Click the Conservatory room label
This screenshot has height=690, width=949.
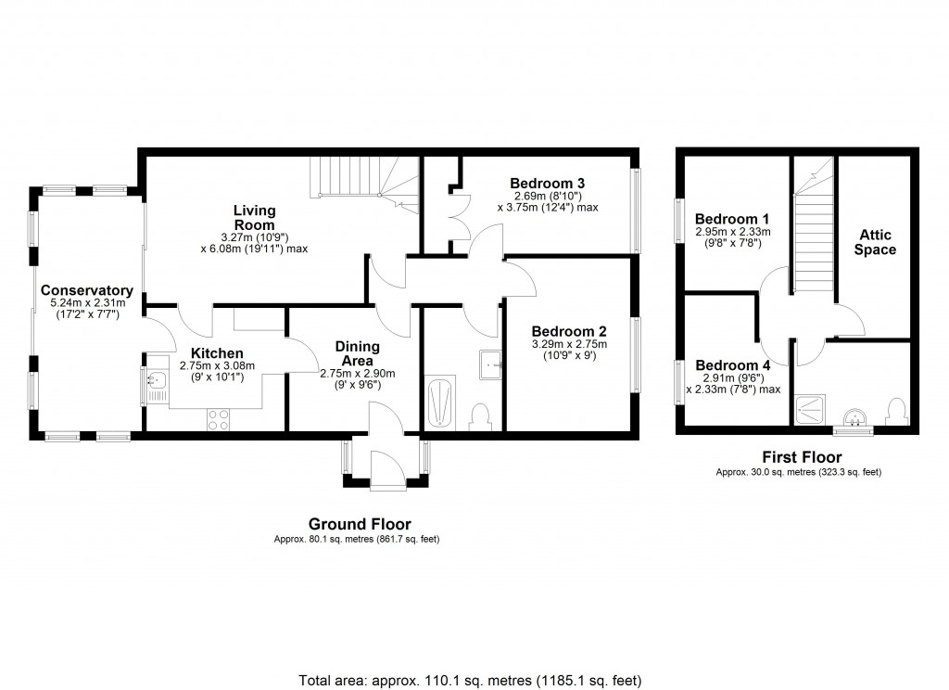click(86, 290)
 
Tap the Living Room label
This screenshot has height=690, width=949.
click(253, 217)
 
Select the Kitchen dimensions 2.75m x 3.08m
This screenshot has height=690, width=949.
click(216, 366)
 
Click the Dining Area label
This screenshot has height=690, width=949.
click(357, 353)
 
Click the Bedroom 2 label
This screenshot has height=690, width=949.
click(568, 331)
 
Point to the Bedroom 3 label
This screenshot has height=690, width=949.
click(547, 183)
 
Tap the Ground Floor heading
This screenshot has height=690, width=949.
click(360, 524)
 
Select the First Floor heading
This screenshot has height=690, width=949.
click(801, 456)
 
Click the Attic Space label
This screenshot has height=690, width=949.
click(875, 242)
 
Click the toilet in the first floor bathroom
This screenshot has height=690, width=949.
click(895, 409)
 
